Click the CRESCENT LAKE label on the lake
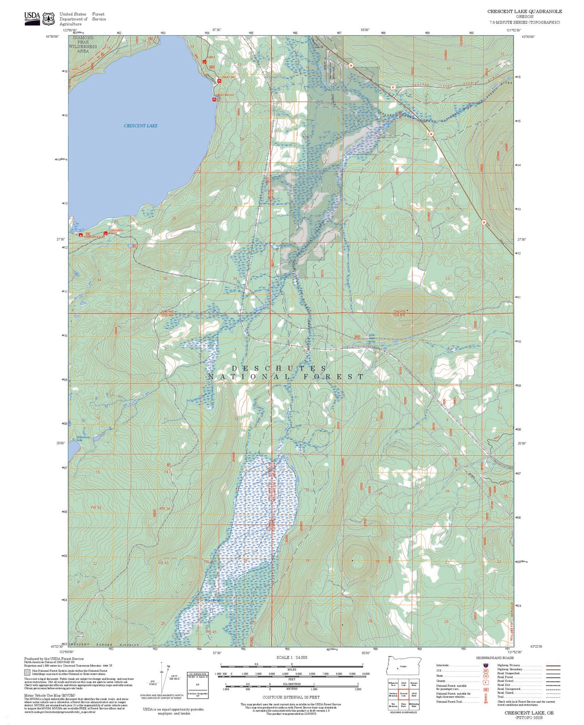[x=141, y=126]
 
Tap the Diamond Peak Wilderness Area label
[x=83, y=44]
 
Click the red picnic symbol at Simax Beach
[x=214, y=99]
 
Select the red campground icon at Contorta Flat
[x=80, y=234]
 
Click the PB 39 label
[x=96, y=508]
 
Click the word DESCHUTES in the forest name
[x=279, y=368]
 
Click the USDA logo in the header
[x=32, y=18]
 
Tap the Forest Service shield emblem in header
[x=49, y=18]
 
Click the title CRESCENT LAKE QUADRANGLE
[x=524, y=11]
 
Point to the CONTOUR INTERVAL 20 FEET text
[x=291, y=697]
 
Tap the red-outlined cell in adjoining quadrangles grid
[x=403, y=694]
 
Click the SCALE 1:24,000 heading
[x=292, y=658]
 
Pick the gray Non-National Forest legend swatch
[x=27, y=673]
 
